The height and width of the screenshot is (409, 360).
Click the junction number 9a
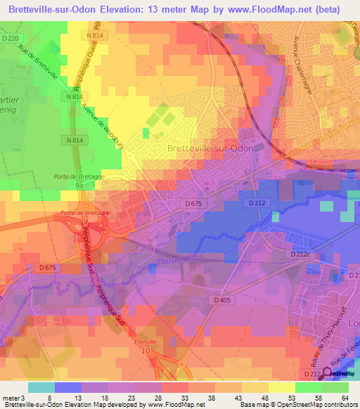click(x=79, y=186)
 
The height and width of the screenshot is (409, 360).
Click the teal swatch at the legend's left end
click(x=41, y=387)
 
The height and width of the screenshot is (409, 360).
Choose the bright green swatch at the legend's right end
click(x=335, y=387)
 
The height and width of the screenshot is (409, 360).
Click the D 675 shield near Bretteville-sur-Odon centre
click(x=195, y=204)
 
